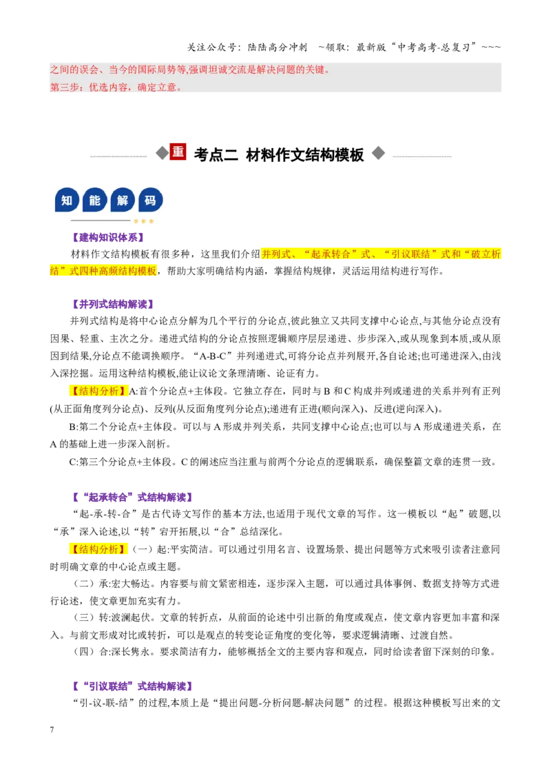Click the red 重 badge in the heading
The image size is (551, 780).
pyautogui.click(x=178, y=152)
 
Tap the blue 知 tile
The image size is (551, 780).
pyautogui.click(x=67, y=200)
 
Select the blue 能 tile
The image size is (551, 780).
pyautogui.click(x=95, y=200)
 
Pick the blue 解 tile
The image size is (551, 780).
pyautogui.click(x=123, y=200)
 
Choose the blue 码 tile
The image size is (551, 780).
pyautogui.click(x=151, y=200)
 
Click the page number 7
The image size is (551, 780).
pyautogui.click(x=52, y=729)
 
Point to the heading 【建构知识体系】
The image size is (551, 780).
pyautogui.click(x=108, y=237)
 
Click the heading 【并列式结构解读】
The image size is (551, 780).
pyautogui.click(x=113, y=304)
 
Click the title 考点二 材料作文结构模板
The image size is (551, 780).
pyautogui.click(x=278, y=155)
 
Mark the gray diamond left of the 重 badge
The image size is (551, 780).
pyautogui.click(x=162, y=153)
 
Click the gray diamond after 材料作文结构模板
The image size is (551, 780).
pyautogui.click(x=378, y=153)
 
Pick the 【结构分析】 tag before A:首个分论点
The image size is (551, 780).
pyautogui.click(x=98, y=391)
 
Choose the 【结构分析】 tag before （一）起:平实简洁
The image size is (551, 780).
pyautogui.click(x=98, y=549)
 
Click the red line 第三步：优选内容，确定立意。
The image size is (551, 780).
pyautogui.click(x=116, y=87)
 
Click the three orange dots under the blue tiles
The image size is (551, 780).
pyautogui.click(x=144, y=221)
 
